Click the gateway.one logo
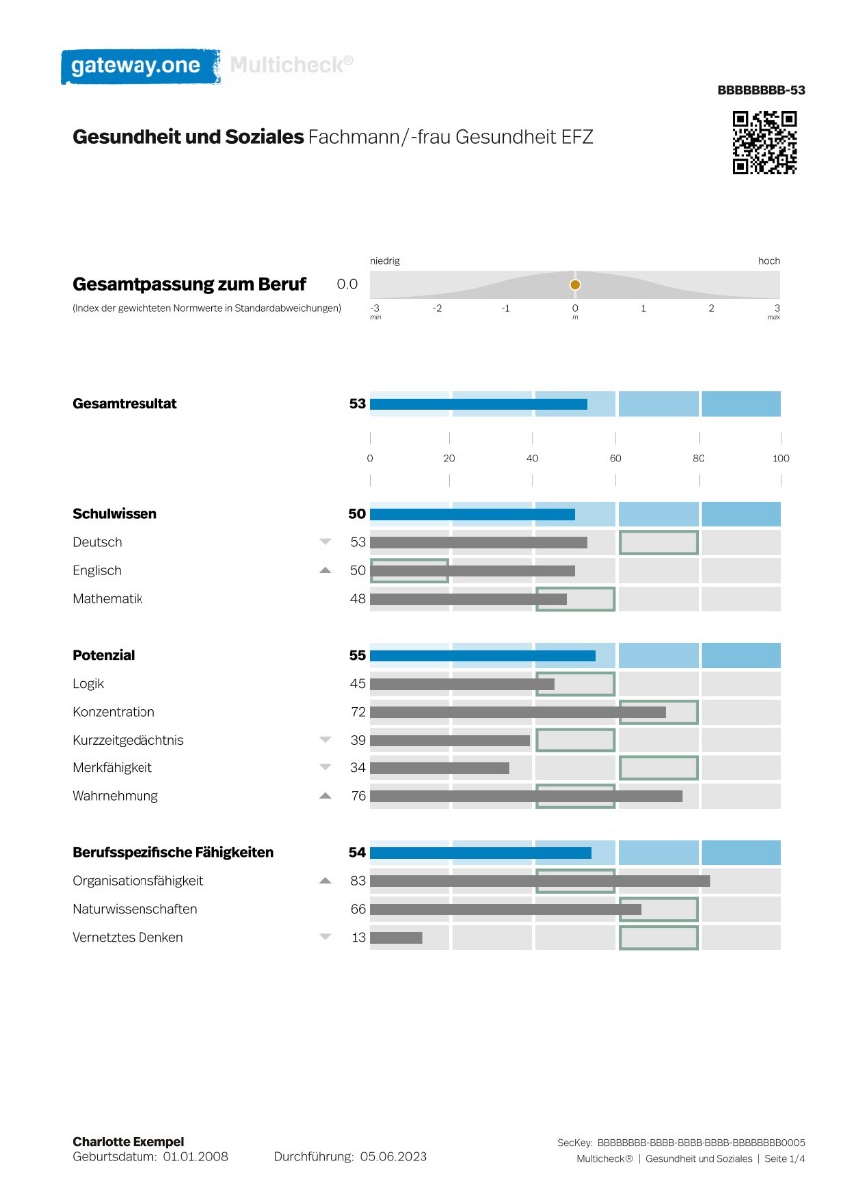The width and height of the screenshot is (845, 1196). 141,66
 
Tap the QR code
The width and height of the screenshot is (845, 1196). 764,143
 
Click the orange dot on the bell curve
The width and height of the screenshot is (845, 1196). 575,285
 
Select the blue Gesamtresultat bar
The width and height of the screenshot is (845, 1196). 478,404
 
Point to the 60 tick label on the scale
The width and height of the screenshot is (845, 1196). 615,458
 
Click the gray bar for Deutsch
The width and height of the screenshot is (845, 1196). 478,543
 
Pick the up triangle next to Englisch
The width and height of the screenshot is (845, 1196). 325,570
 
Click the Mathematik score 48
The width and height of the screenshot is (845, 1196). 357,599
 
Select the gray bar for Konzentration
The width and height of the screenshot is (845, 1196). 517,712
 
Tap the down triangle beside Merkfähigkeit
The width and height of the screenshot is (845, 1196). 325,767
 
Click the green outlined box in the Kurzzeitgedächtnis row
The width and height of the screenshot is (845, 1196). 575,729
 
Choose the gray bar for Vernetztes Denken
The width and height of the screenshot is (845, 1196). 396,938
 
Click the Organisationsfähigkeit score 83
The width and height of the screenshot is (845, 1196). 357,880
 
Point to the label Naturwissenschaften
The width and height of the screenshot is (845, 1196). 136,909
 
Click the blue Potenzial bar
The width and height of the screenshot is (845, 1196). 482,656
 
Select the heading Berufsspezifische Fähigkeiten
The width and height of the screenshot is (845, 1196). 173,853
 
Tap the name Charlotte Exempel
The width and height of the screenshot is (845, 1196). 129,1141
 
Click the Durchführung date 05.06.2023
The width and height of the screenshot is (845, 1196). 393,1156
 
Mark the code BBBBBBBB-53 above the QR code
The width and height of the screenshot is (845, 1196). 761,90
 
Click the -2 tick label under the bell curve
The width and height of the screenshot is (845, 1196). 437,308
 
